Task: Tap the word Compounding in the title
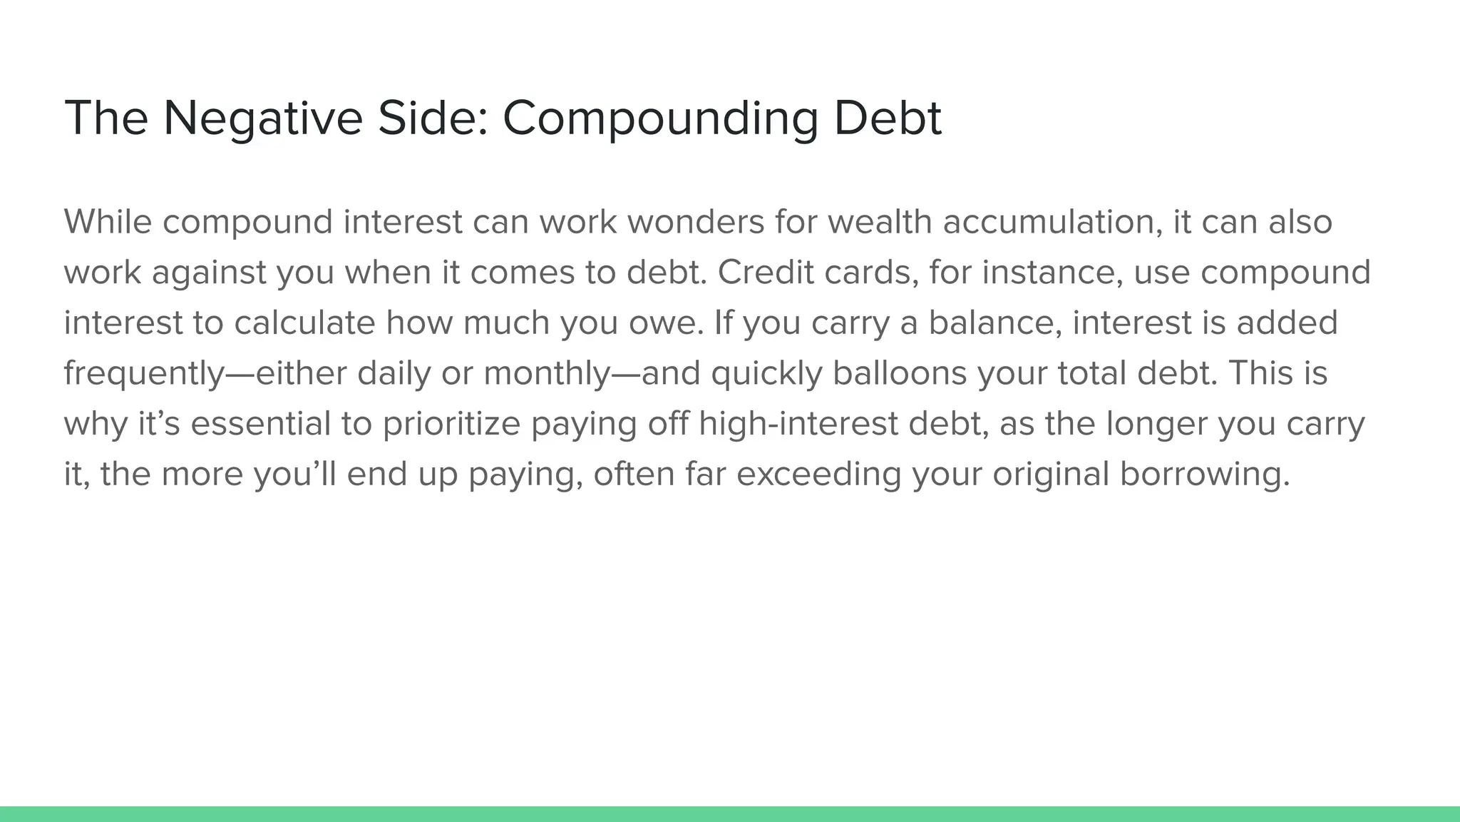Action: [x=660, y=118]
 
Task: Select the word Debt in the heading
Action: [x=888, y=118]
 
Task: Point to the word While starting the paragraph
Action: [x=108, y=222]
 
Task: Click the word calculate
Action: [x=304, y=323]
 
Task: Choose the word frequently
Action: [x=144, y=374]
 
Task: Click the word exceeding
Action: [x=818, y=475]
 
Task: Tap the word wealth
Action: [x=880, y=222]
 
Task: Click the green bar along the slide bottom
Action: [x=730, y=814]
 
